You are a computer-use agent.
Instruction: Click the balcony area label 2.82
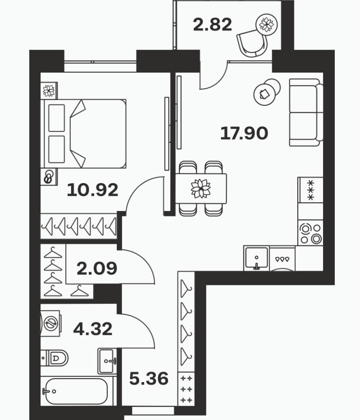tap(212, 25)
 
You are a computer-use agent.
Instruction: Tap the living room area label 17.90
tap(244, 133)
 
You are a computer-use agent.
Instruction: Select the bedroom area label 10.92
tap(92, 190)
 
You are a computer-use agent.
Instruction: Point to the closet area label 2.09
tap(97, 268)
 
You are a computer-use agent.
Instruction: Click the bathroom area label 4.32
tap(93, 329)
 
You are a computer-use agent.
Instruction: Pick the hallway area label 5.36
tap(149, 379)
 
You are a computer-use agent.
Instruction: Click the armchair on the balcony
tap(252, 43)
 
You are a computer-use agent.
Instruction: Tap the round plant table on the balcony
tap(266, 24)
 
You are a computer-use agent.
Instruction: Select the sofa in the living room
tap(306, 112)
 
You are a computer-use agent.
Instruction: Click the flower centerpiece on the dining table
tap(201, 188)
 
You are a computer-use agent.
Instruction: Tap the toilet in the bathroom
tap(55, 357)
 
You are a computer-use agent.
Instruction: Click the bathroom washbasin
tap(107, 361)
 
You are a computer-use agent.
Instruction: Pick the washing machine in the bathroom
tap(50, 323)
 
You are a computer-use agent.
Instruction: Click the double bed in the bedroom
tap(83, 134)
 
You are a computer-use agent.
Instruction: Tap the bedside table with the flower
tap(49, 91)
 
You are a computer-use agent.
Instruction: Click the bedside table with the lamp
tap(49, 177)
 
